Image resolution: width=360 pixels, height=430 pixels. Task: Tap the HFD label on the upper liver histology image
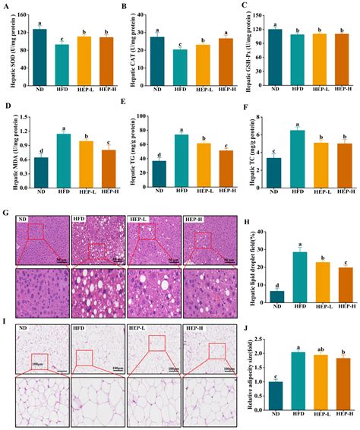[80, 221]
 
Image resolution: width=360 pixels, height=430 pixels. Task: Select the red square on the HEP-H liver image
[202, 241]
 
